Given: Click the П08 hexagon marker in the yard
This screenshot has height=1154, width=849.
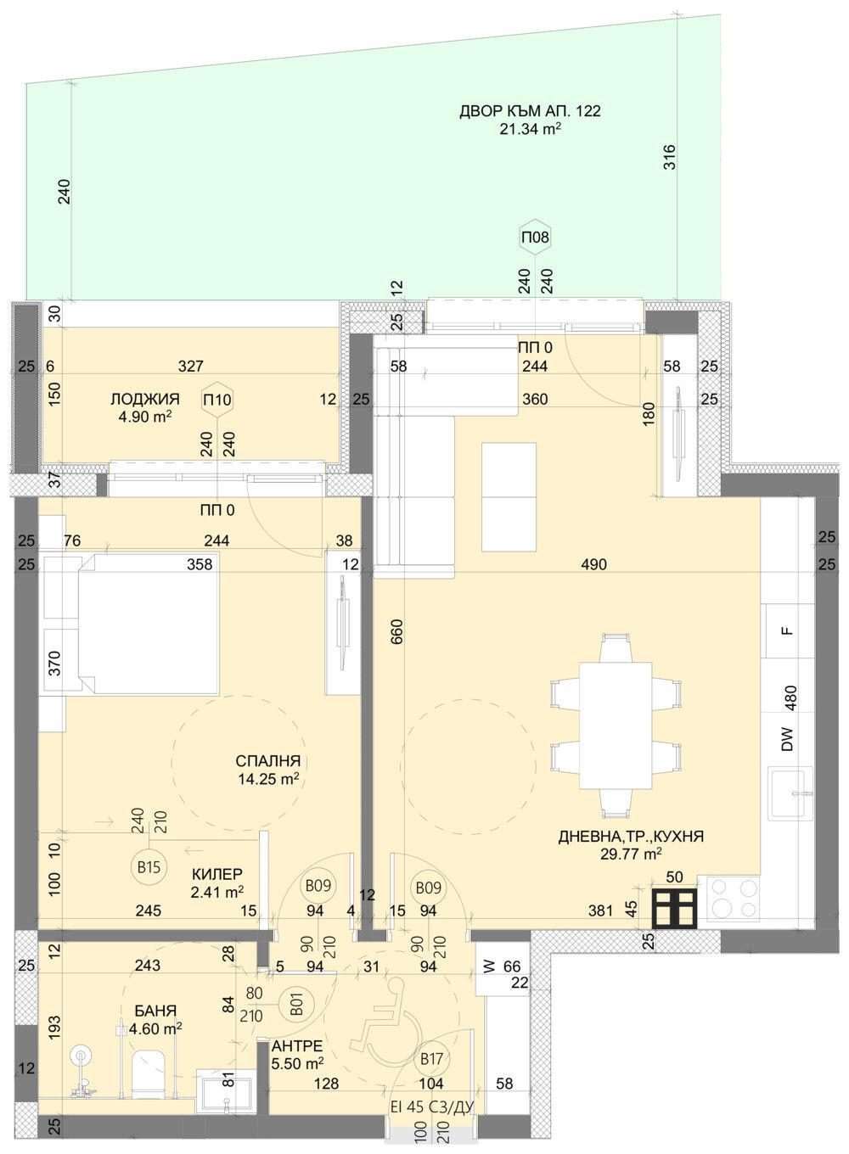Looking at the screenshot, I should coord(535,238).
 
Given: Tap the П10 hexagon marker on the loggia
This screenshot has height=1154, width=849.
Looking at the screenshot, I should coord(217,400).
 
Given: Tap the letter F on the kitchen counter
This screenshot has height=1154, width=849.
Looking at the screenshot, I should coord(787,630).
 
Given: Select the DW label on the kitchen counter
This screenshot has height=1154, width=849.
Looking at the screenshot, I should coord(787,739).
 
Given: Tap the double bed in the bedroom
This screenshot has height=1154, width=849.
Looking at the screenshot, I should coord(149,624).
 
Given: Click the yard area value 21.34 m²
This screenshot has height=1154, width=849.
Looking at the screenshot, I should coord(531,129).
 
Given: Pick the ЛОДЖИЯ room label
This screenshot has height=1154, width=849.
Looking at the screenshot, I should coord(144,399).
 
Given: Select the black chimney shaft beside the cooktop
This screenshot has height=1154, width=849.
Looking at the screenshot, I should coord(675,909).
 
